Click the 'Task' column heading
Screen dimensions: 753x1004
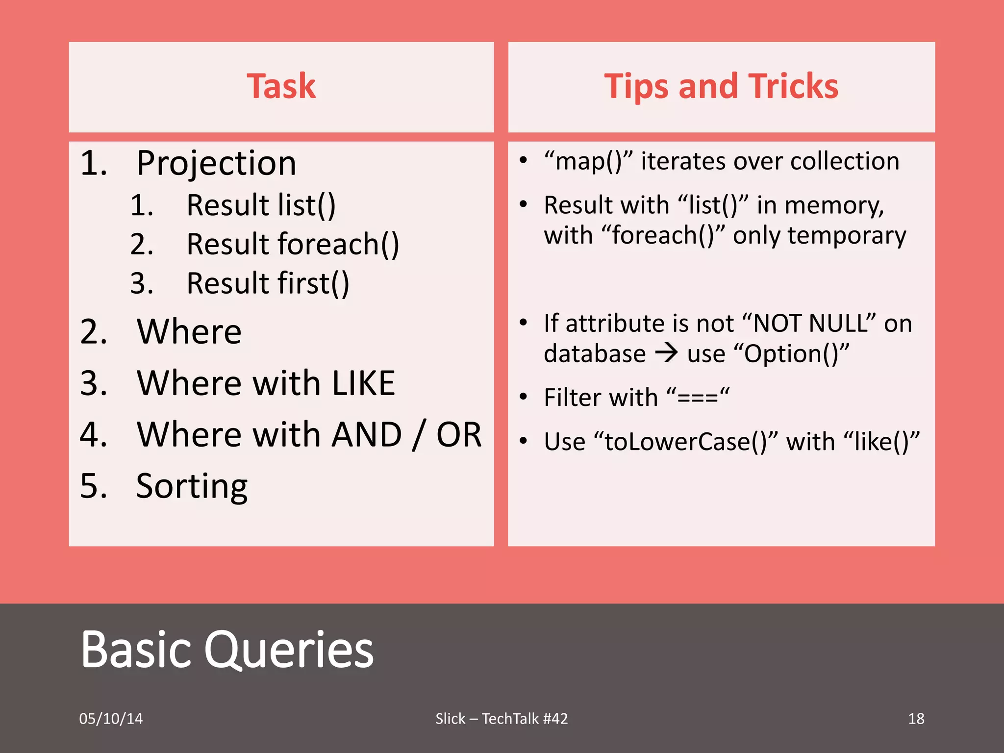coord(281,86)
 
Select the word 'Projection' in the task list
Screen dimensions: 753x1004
coord(216,163)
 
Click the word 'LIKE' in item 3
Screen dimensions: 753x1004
coord(363,383)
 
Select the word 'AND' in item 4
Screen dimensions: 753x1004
coord(367,434)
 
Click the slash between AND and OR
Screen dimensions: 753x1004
coord(418,434)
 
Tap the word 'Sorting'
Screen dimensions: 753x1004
coord(192,486)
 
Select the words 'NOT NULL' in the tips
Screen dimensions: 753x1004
coord(809,324)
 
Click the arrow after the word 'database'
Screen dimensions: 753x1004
coord(667,353)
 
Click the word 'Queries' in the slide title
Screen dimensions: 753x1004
coord(289,650)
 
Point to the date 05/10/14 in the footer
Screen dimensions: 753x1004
coord(111,719)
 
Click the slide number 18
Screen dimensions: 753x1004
coord(916,719)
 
